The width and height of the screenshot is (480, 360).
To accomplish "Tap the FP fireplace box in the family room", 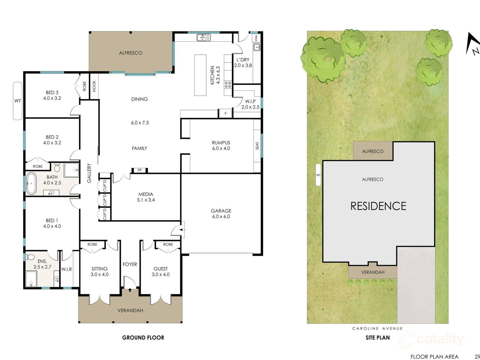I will click(139, 170).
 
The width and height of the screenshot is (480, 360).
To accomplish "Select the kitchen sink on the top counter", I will click(203, 37).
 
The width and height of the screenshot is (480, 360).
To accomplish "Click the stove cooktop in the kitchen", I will click(228, 84).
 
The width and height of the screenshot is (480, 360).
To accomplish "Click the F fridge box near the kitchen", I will click(225, 113).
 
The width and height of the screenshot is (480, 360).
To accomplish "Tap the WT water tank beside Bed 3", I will click(18, 101).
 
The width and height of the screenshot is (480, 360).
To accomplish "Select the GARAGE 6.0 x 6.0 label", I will click(221, 213).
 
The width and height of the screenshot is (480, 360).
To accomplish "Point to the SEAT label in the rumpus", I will click(257, 145).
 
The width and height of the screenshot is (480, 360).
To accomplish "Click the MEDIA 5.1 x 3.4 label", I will click(145, 197).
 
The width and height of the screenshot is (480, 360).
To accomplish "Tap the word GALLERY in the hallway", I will click(89, 173).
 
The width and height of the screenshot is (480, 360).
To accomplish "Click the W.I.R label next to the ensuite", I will click(67, 268).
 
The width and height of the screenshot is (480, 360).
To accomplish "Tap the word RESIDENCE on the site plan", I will click(378, 206).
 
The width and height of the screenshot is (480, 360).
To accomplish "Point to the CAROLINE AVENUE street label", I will click(377, 328).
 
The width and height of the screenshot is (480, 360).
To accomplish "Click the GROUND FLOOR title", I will click(143, 337).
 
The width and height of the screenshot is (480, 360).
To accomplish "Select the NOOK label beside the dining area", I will click(94, 86).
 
